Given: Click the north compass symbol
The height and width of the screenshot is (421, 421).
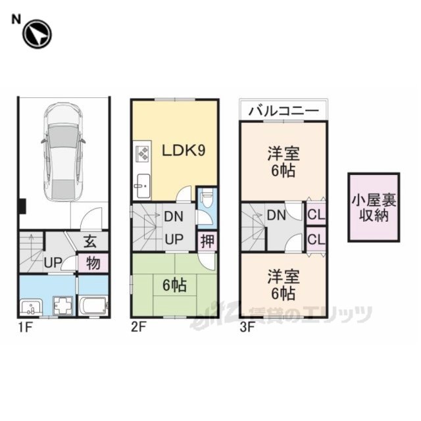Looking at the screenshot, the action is point(37,34).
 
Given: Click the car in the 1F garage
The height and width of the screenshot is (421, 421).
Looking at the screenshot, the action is point(63,152).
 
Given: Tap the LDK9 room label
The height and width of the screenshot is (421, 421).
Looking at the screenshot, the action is point(184,151).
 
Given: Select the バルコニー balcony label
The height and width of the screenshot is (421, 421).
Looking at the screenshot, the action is point(284,111).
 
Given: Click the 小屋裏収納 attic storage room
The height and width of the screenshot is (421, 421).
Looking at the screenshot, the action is point(374,208).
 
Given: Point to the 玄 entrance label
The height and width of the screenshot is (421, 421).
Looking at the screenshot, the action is point(90,241).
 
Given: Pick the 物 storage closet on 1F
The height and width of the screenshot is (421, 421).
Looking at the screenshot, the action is point(93,263).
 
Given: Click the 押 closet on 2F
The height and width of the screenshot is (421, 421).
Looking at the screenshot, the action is point(208,241).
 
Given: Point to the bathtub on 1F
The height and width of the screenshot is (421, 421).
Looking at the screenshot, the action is point(93,305).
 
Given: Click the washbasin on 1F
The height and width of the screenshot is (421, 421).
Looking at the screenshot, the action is point(31,307).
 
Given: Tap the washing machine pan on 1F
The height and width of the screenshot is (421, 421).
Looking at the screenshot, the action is point(63,305).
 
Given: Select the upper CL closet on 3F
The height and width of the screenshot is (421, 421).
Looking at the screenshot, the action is point(316,214).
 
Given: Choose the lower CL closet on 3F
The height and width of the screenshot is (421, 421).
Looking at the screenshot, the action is point(316,239).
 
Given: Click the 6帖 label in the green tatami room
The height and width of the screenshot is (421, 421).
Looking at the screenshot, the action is point(174,285).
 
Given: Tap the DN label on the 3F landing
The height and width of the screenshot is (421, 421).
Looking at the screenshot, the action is point(276,215).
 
